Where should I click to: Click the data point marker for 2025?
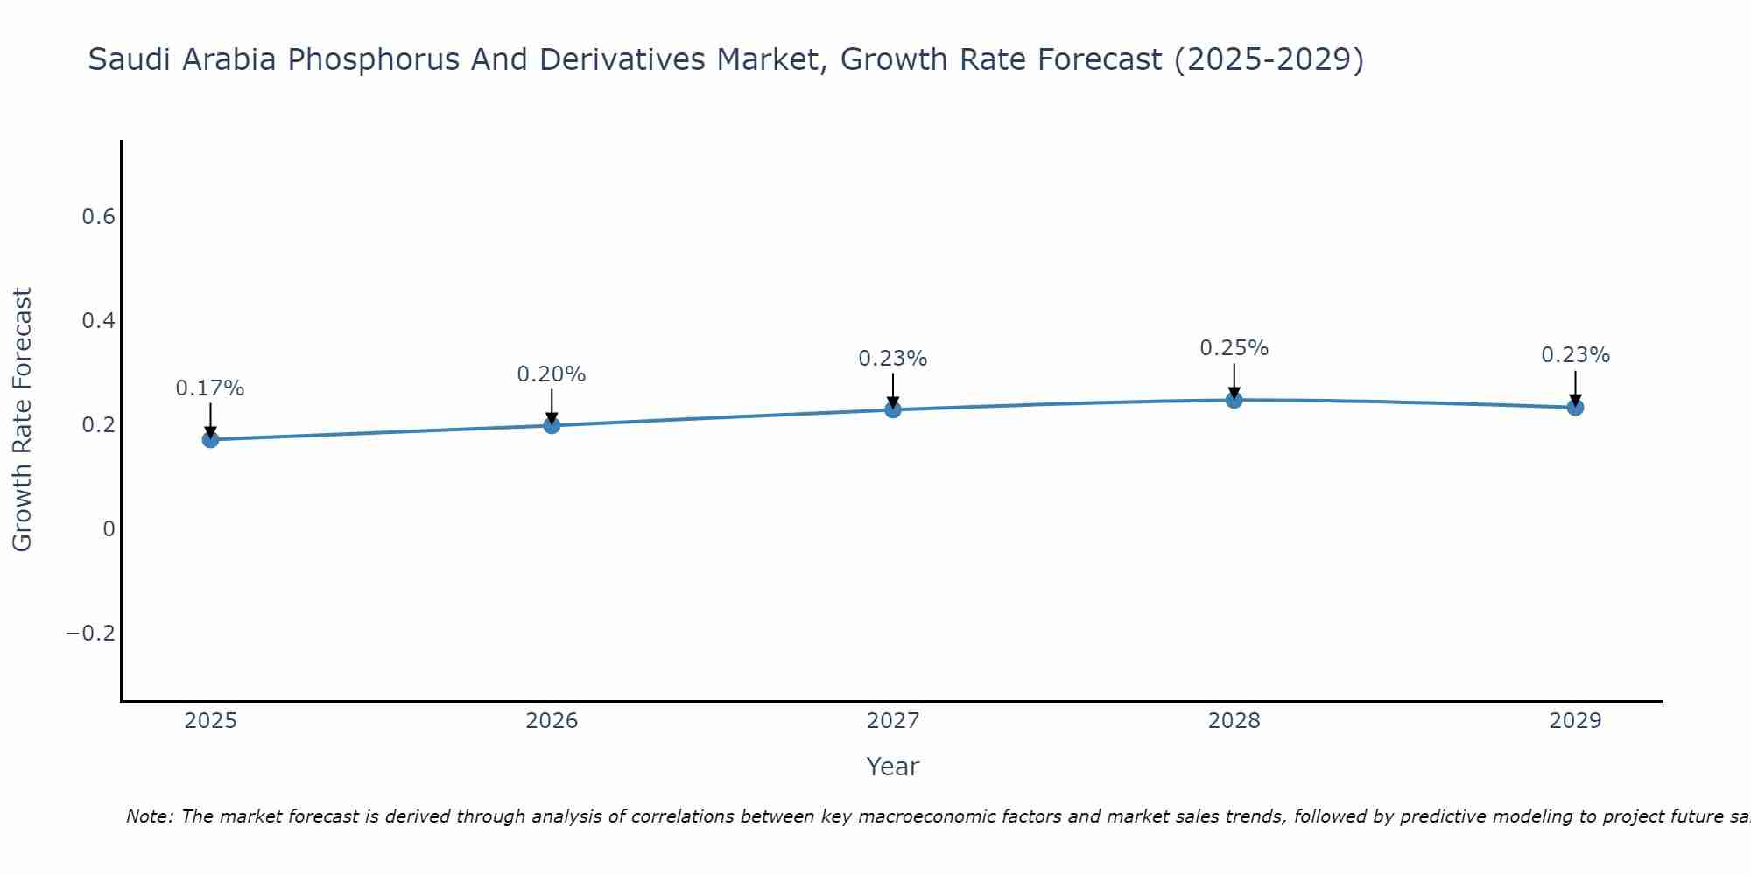click(x=210, y=439)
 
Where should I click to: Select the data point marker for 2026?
click(x=552, y=425)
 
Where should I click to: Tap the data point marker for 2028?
click(x=1234, y=400)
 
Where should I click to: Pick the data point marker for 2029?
click(x=1575, y=407)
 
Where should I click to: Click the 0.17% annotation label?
click(x=210, y=388)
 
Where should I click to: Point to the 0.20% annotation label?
click(x=552, y=374)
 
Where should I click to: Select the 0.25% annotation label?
click(x=1234, y=348)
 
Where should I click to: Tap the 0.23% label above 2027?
click(x=892, y=359)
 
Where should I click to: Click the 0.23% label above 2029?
click(x=1575, y=355)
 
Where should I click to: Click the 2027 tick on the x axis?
click(x=892, y=721)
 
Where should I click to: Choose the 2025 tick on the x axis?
click(x=210, y=721)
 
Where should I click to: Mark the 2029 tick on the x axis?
click(x=1575, y=721)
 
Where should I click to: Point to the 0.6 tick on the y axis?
click(x=99, y=217)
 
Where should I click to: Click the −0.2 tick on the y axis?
click(x=91, y=633)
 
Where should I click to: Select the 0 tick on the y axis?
click(x=109, y=528)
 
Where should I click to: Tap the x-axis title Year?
click(x=892, y=766)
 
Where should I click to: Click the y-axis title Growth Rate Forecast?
click(x=22, y=420)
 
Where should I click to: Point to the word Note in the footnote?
click(x=149, y=816)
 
